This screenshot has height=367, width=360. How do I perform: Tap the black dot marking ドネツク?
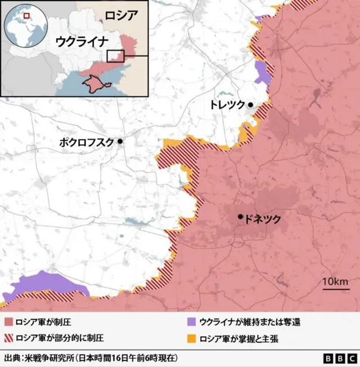pos(241,216)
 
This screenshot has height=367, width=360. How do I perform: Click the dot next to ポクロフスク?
pos(120,141)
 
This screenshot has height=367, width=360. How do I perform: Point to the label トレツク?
pos(227,105)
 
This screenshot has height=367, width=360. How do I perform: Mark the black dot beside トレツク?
pos(250,105)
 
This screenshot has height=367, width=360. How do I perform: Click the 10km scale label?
pos(335,281)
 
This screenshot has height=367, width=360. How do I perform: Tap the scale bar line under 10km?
pos(335,289)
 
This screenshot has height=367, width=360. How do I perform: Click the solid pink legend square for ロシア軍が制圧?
pos(8,323)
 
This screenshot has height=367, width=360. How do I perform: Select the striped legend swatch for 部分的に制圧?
pos(8,338)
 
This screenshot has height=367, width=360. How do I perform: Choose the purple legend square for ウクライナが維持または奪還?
pos(191,323)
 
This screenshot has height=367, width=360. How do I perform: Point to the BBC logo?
pos(339,359)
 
